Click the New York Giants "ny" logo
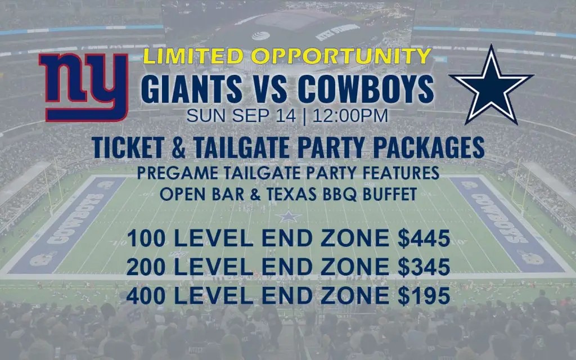tap(83, 87)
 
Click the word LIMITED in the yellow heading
tap(193, 56)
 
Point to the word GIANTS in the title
tap(192, 89)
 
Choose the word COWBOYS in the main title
tap(366, 89)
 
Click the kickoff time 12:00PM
tap(350, 116)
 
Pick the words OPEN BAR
tap(202, 194)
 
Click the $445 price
tap(424, 238)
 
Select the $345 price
tap(424, 267)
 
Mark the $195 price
tap(424, 296)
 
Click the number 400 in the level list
tap(146, 296)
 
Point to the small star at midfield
tap(289, 217)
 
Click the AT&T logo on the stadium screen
tap(261, 35)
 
